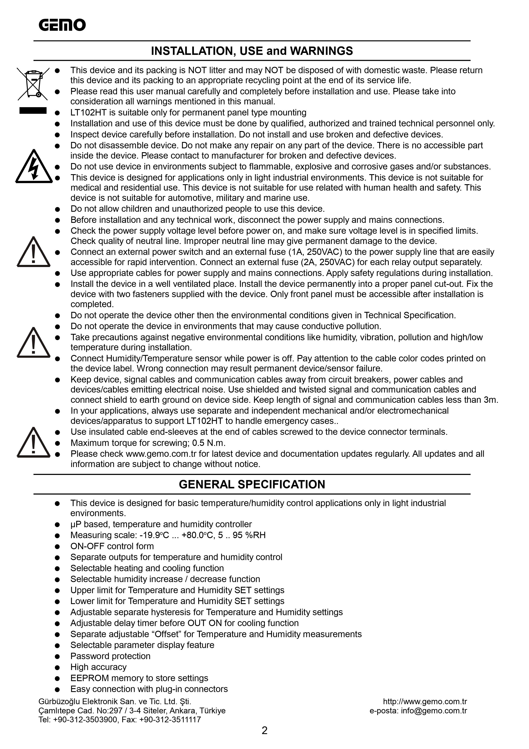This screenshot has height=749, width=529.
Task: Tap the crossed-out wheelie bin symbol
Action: [x=33, y=83]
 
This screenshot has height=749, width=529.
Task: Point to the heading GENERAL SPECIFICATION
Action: [x=252, y=485]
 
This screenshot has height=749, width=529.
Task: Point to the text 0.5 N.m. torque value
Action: [x=209, y=443]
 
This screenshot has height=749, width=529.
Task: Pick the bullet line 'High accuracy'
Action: [x=98, y=667]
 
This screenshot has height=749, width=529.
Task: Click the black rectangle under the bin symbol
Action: [x=33, y=111]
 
